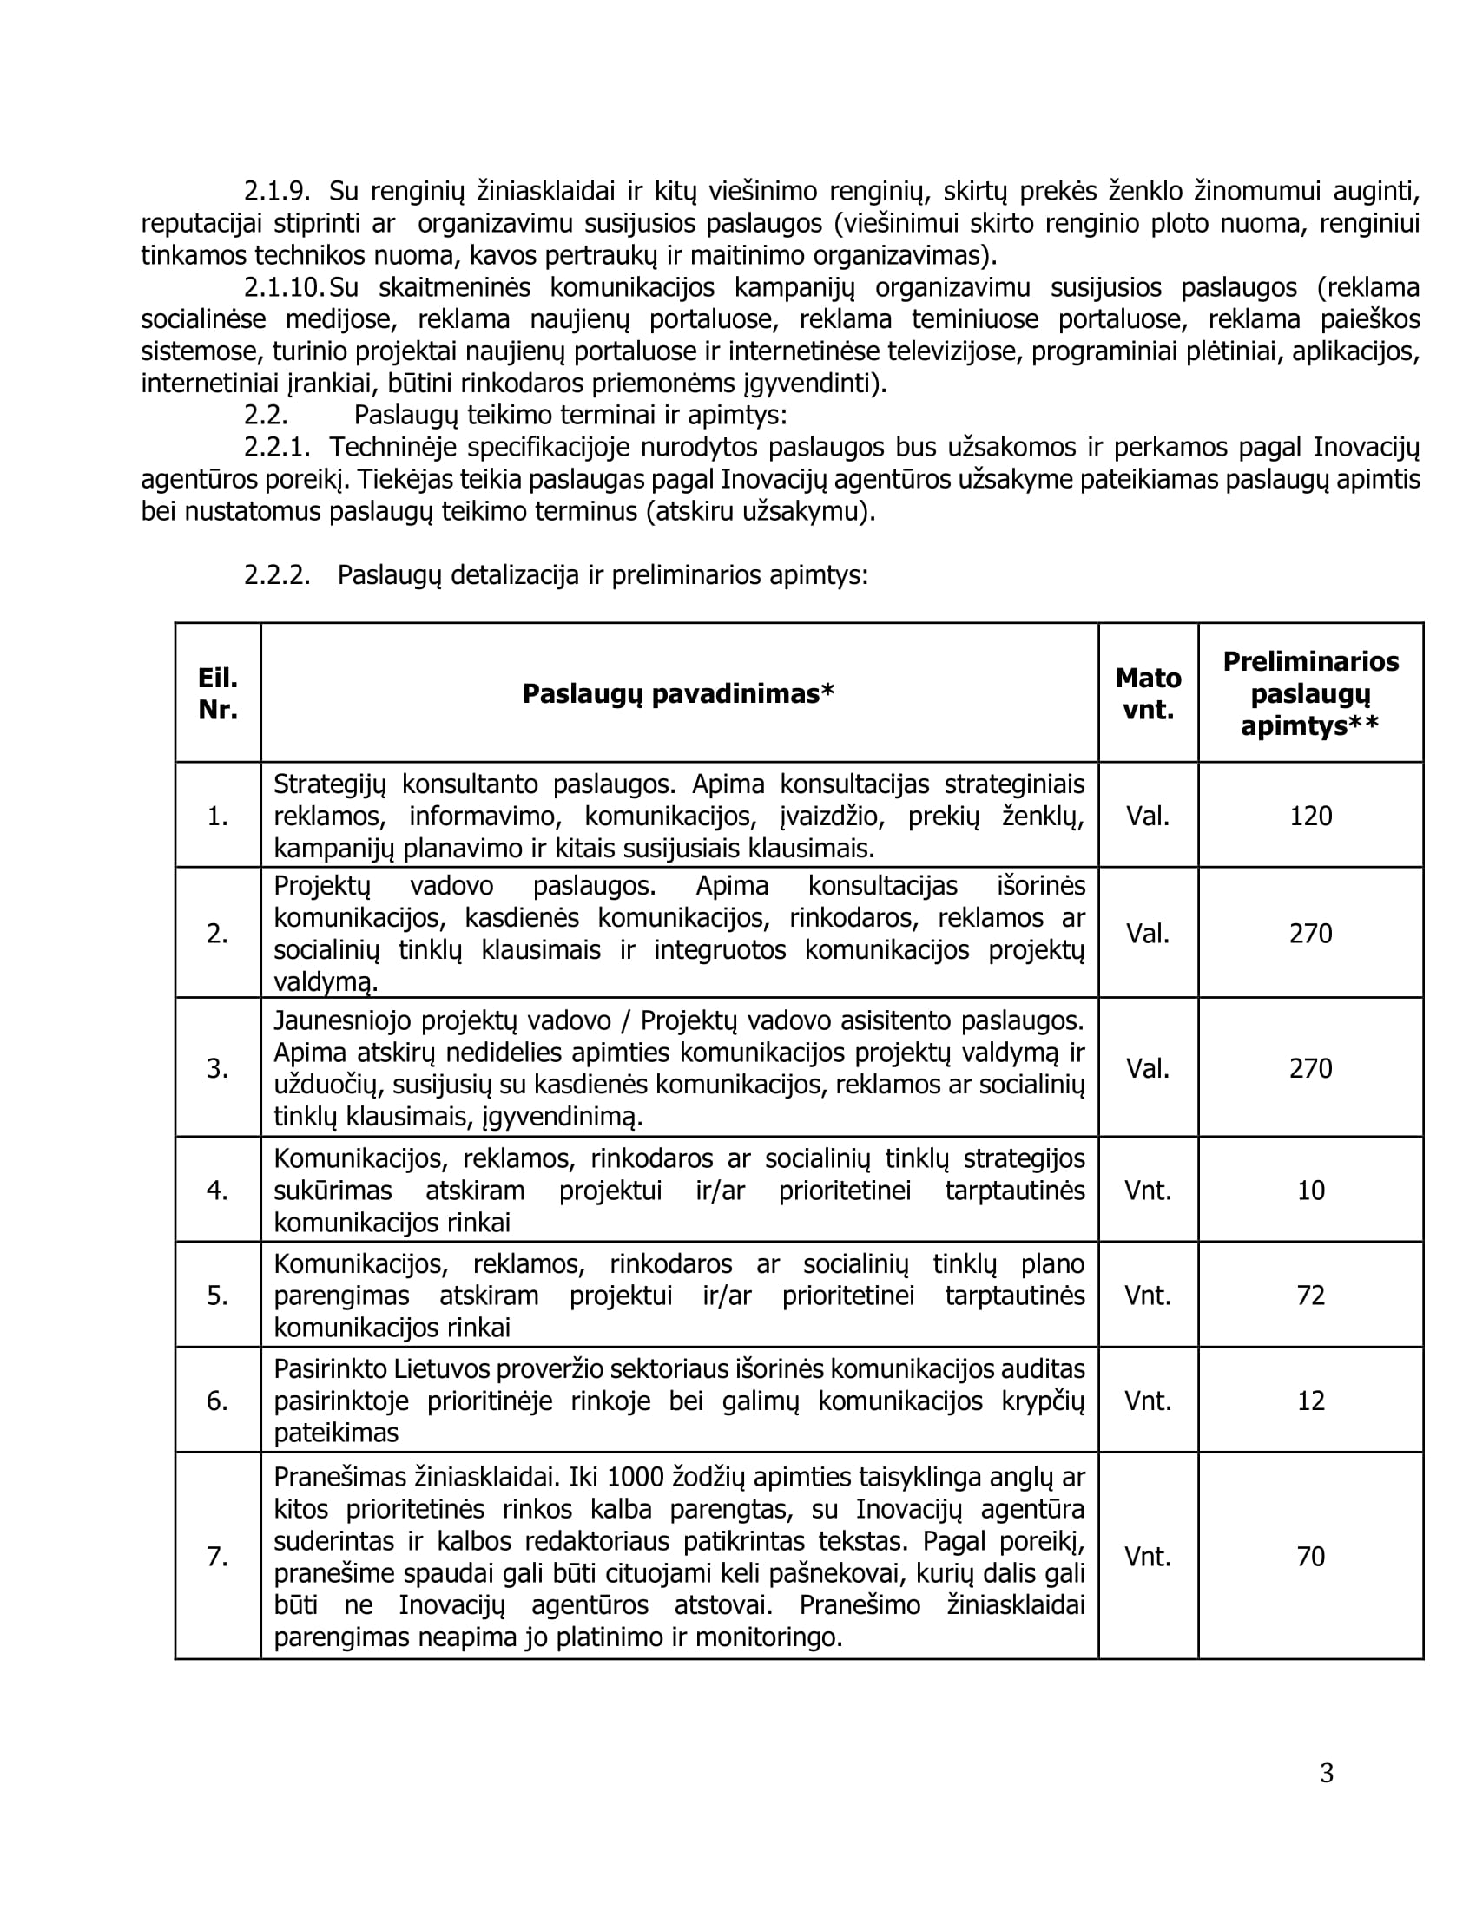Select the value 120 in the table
click(1310, 816)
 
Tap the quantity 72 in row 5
click(1310, 1295)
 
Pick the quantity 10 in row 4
click(1310, 1190)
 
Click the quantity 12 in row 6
click(1310, 1401)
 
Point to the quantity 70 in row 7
click(1310, 1556)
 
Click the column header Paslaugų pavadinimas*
click(679, 693)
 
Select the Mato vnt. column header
click(1147, 693)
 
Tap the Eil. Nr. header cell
click(218, 693)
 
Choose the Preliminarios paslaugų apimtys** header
click(1310, 693)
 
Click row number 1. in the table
click(218, 816)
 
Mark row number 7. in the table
click(218, 1556)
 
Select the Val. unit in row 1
click(1147, 816)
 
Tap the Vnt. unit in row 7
click(1147, 1556)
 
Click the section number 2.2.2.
click(277, 574)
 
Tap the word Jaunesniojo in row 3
click(341, 1020)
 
